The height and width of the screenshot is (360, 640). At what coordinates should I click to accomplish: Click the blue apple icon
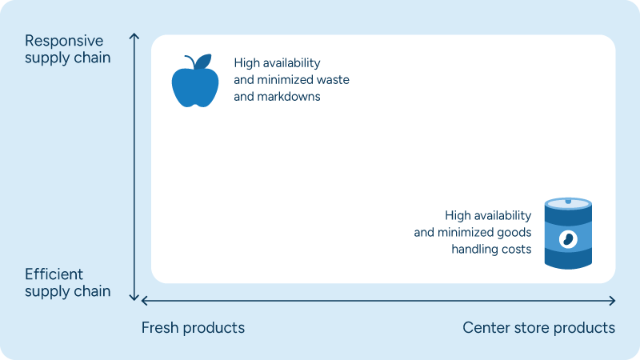(x=194, y=84)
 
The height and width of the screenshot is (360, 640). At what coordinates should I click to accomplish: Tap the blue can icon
(x=568, y=234)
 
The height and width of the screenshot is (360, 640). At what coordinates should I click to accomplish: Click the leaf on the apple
(x=204, y=61)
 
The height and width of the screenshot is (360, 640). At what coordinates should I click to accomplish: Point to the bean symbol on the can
(x=567, y=238)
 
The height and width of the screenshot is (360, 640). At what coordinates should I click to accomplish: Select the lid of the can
(x=568, y=203)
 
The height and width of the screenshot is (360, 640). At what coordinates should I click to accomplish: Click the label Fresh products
(x=193, y=328)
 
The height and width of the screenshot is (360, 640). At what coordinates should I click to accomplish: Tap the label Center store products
(x=538, y=328)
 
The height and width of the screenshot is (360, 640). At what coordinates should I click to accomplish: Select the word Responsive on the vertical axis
(x=64, y=41)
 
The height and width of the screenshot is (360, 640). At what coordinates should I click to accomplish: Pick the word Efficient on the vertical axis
(x=54, y=274)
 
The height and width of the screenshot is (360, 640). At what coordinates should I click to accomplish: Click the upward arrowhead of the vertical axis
(x=134, y=37)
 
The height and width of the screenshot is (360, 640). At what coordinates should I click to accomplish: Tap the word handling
(x=472, y=249)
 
